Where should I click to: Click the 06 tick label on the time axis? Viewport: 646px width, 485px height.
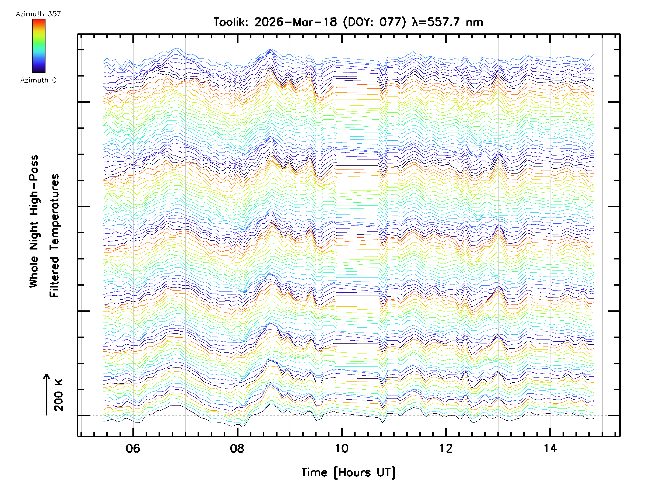coord(133,448)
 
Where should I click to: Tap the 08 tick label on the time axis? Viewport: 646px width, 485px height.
coord(237,448)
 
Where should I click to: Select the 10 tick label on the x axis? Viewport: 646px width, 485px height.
coord(341,448)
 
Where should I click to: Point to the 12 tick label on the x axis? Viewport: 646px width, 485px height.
coord(446,448)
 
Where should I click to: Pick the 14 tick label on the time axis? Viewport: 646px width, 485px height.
coord(550,448)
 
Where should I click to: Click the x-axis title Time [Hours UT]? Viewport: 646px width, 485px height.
coord(348,472)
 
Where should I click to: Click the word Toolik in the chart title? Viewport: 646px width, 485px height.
coord(230,22)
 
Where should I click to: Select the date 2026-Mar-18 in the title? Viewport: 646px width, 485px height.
coord(296,22)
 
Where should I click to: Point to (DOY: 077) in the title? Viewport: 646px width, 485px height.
coord(375,22)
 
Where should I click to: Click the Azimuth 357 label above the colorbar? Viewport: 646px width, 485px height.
coord(38,14)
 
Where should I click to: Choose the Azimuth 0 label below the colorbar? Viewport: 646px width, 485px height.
coord(38,80)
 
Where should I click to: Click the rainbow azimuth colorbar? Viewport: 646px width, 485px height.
coord(39,46)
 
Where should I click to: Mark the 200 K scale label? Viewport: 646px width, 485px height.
coord(59,395)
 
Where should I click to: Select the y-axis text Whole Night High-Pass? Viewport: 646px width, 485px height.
coord(34,221)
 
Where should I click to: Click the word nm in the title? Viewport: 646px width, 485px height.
coord(475,22)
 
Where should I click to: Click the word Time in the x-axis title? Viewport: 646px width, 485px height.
coord(314,472)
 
